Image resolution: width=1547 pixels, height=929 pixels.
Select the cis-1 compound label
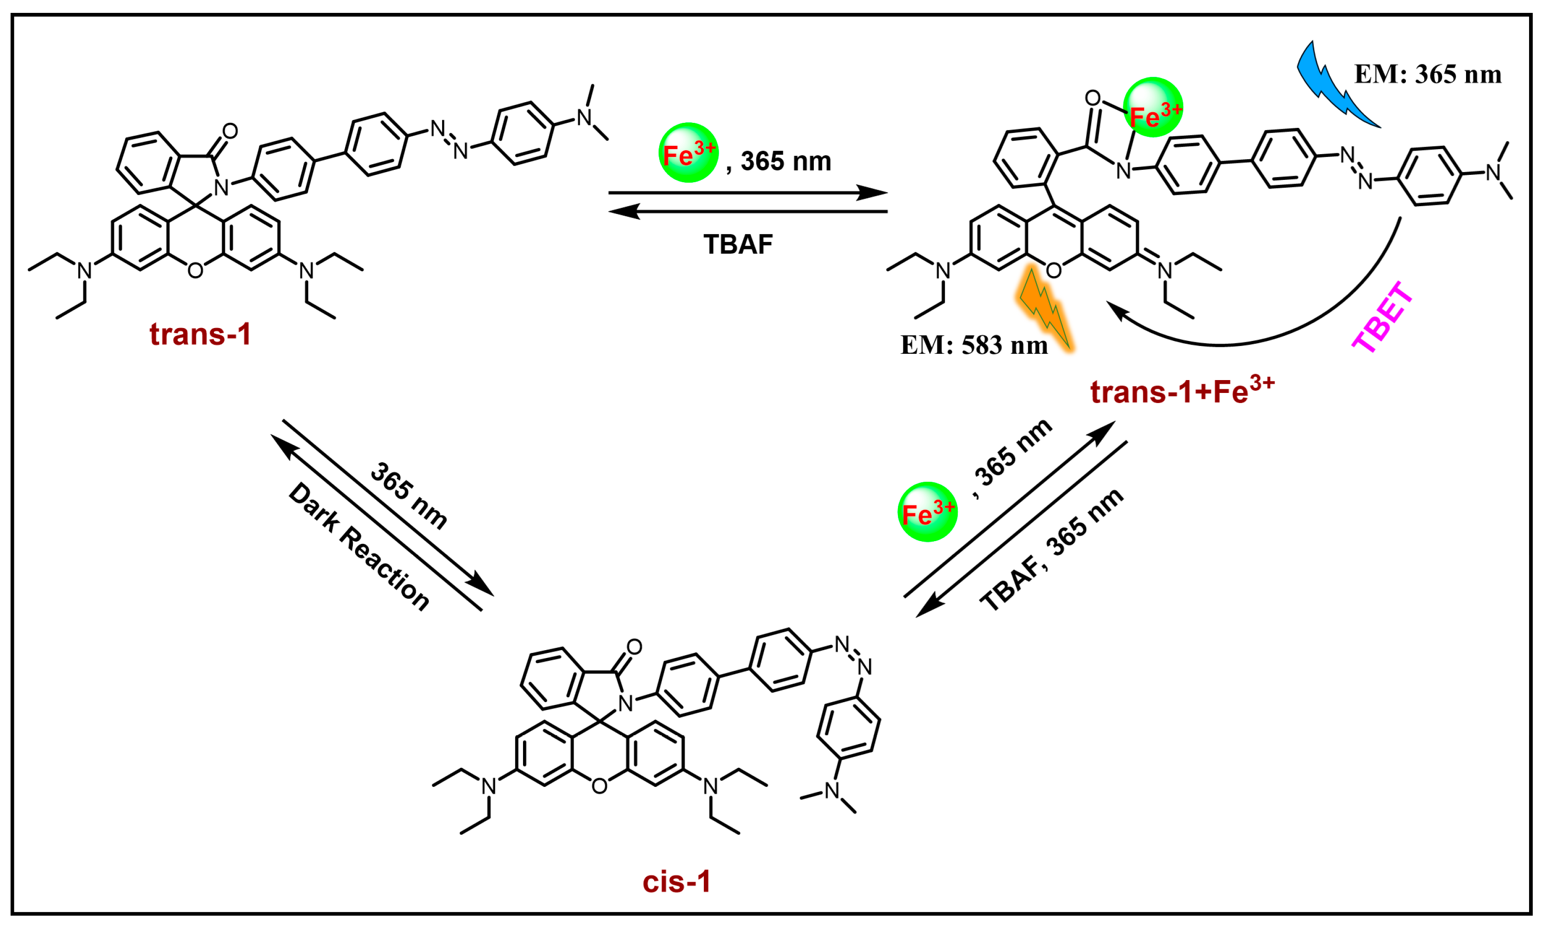pos(677,882)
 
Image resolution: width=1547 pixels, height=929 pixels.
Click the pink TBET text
pos(1383,318)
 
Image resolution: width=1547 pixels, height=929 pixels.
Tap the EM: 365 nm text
pos(1427,75)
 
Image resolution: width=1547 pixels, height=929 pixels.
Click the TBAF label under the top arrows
pos(738,245)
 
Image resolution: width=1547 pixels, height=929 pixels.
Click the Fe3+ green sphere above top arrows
pos(688,153)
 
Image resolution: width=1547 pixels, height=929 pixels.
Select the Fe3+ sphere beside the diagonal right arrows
pos(927,512)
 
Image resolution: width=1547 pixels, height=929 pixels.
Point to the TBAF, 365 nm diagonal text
pos(1052,550)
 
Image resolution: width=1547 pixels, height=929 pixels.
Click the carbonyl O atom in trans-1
pos(230,131)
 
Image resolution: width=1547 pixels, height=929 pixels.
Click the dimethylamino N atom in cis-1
pos(832,791)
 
